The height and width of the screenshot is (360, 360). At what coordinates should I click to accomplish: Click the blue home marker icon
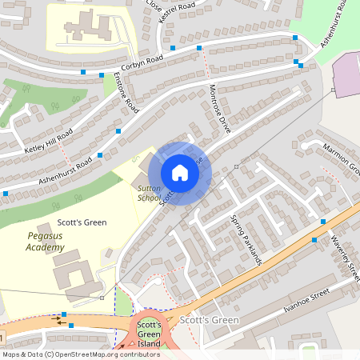[179, 173]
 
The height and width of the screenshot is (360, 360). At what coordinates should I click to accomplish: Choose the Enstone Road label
[126, 93]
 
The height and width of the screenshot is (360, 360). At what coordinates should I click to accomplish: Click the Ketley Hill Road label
[48, 141]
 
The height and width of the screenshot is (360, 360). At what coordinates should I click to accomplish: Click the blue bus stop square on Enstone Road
[119, 130]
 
